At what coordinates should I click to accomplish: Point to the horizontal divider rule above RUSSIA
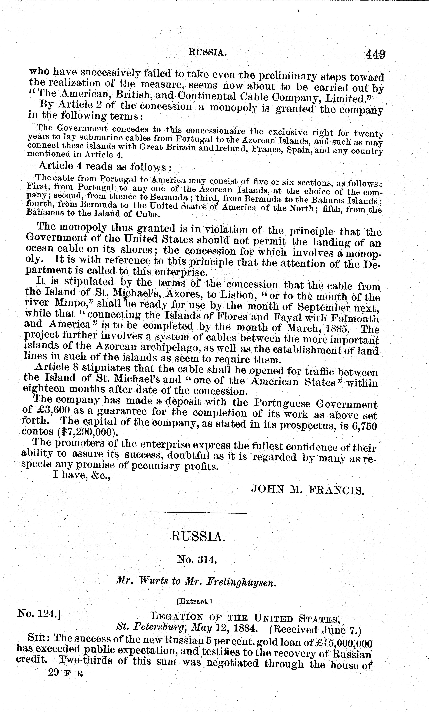198,513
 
